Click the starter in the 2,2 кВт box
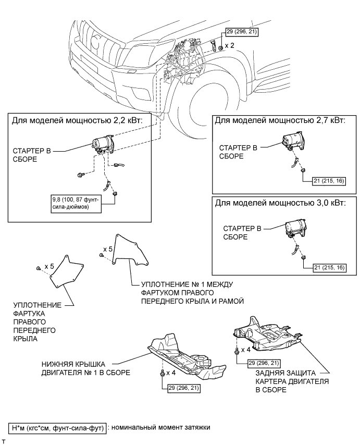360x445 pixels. pos(103,144)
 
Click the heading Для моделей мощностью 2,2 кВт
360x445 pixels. pos(77,120)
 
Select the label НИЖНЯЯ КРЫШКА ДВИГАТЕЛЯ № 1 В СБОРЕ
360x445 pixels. pos(85,368)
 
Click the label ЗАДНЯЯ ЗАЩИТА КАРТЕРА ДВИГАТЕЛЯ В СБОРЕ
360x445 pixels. pos(292,381)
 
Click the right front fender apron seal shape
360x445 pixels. pos(67,271)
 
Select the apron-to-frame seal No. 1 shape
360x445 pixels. pos(130,250)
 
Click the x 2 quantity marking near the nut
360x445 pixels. pos(230,45)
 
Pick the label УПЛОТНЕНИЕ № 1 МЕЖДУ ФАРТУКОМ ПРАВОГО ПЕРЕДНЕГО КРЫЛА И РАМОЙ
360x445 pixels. pos(192,293)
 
